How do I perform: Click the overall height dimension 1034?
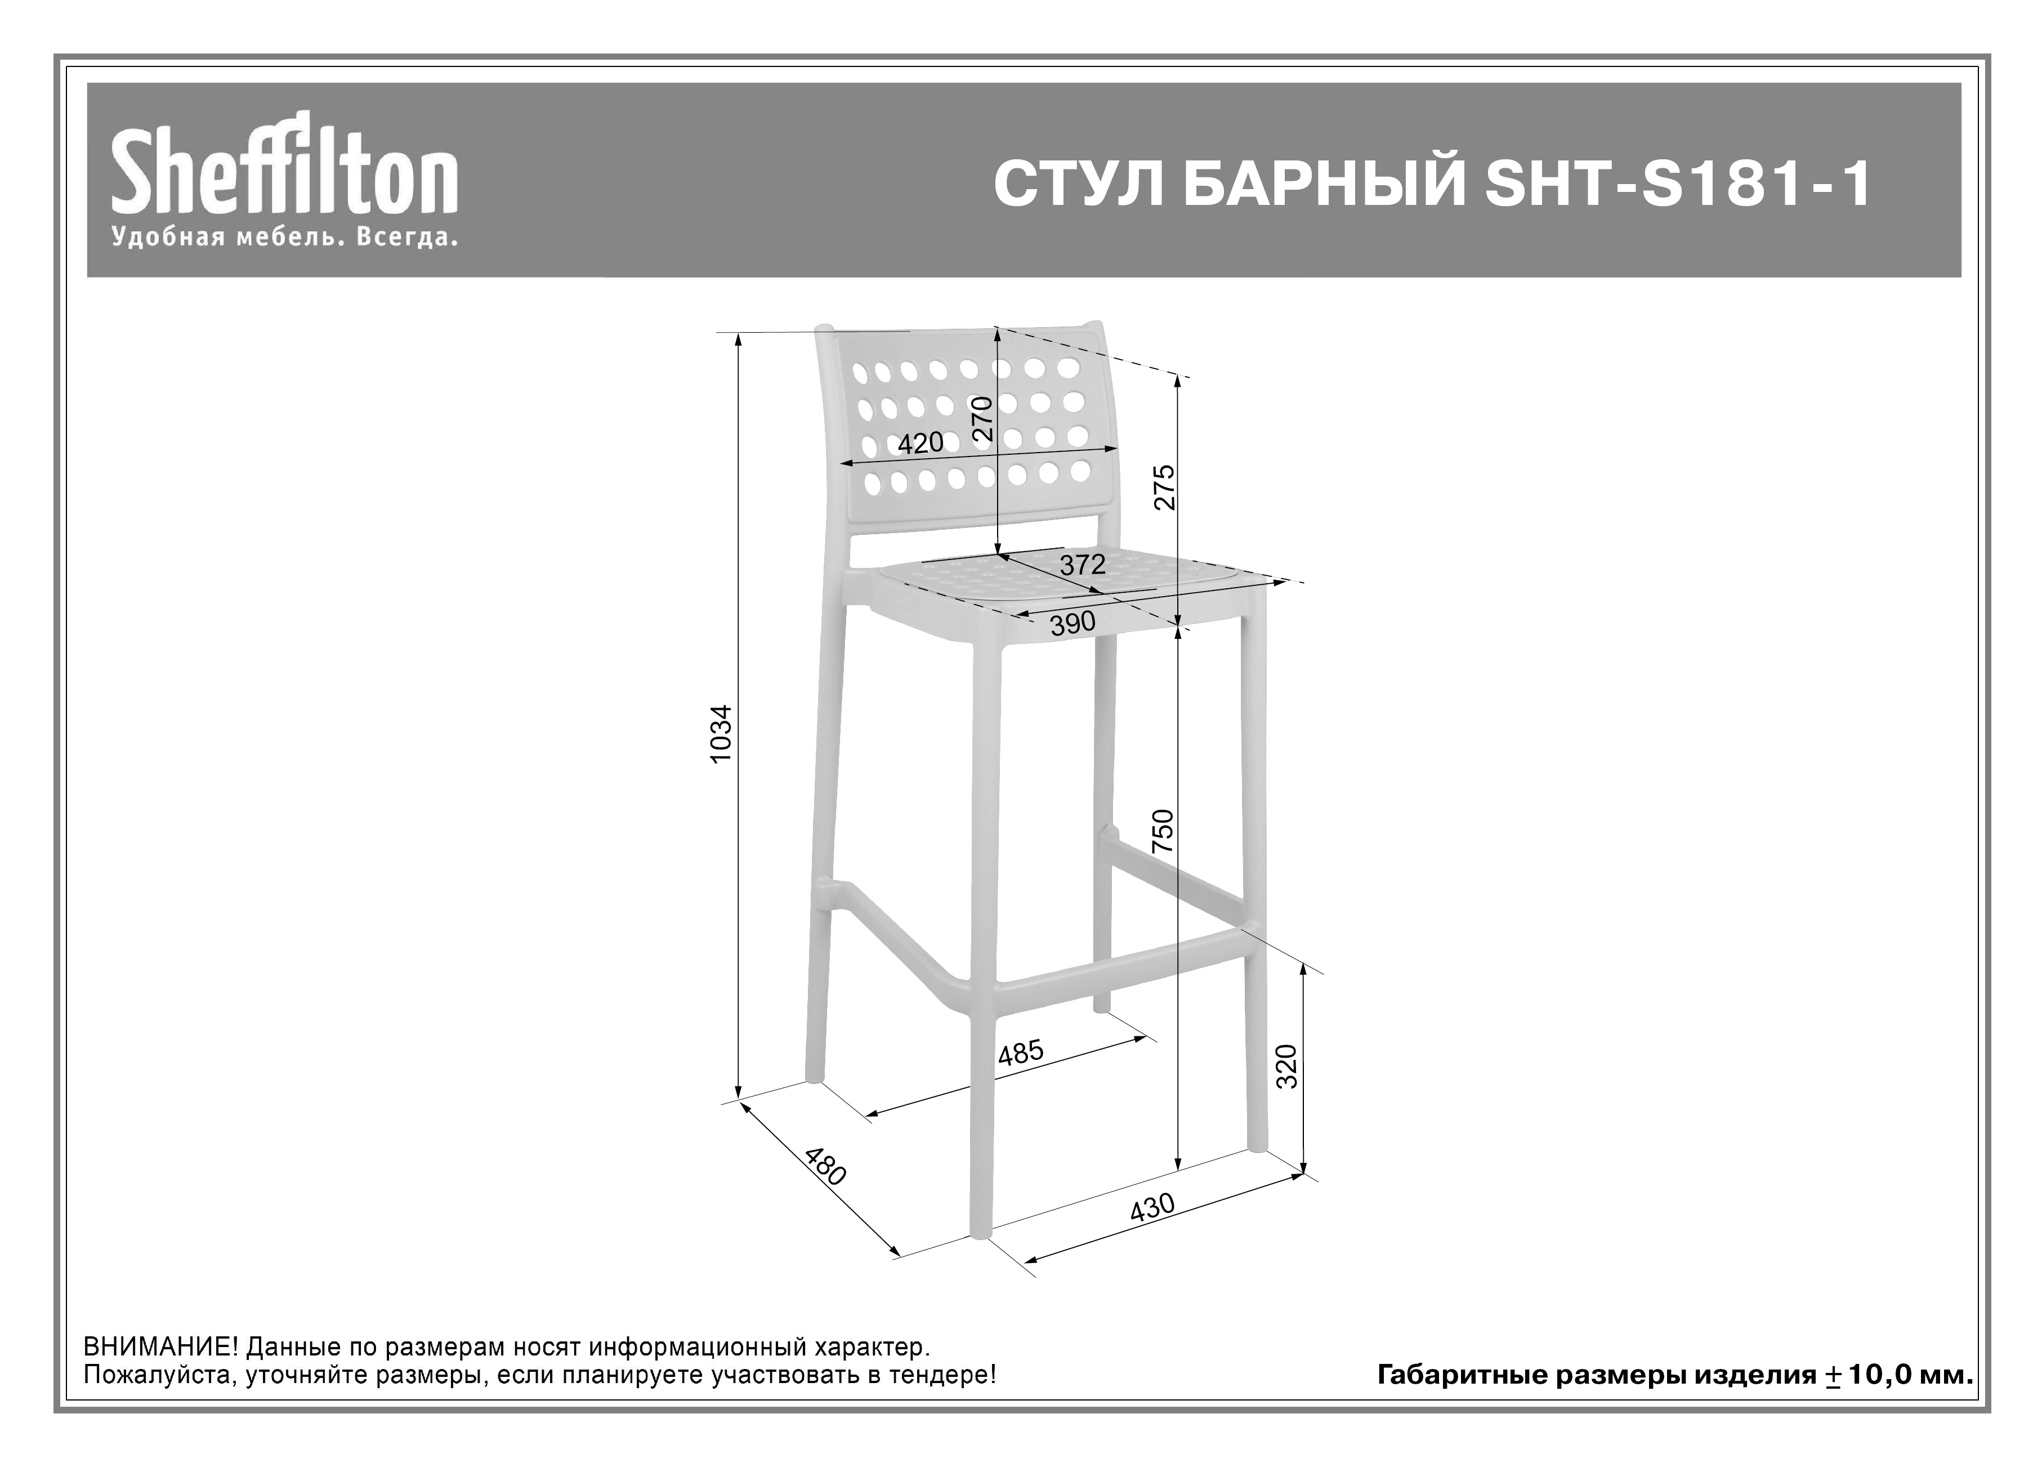click(x=722, y=733)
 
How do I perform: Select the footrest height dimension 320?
click(x=1288, y=1066)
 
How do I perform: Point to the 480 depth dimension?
click(x=825, y=1167)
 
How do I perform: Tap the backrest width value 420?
click(x=920, y=443)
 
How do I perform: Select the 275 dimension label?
click(x=1165, y=487)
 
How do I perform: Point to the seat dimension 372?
click(x=1082, y=565)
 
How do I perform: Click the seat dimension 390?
click(x=1073, y=623)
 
